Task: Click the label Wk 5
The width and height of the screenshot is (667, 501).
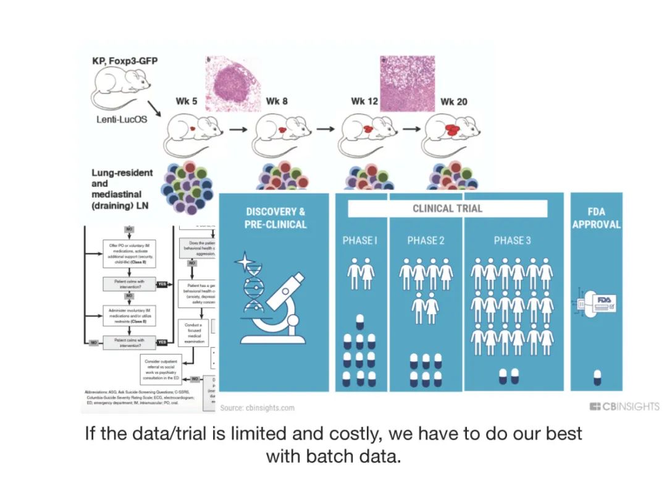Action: (x=187, y=101)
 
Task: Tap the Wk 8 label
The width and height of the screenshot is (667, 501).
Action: (x=277, y=101)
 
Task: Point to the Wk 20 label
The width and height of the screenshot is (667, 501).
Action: (x=453, y=101)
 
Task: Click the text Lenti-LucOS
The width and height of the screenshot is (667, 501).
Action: (x=122, y=119)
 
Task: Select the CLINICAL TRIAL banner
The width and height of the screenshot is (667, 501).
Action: (x=448, y=208)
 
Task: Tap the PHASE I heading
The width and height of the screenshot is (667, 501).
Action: (x=359, y=241)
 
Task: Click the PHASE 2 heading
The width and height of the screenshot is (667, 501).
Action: (x=426, y=241)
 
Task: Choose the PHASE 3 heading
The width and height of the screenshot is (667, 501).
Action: (x=512, y=241)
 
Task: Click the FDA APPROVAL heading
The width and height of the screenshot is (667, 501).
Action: (x=597, y=218)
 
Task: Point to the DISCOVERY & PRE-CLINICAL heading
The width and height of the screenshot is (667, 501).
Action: (x=275, y=218)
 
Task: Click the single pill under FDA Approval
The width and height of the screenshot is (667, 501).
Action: (x=597, y=375)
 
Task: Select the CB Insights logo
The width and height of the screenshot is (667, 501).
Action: (x=624, y=406)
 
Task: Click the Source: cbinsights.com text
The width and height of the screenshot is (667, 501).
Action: (x=258, y=408)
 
